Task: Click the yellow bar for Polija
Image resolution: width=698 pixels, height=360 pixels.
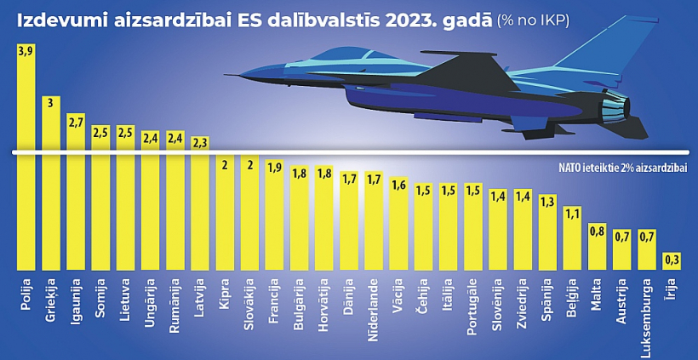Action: [26, 162]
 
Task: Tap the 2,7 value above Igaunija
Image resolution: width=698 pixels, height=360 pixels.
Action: [76, 122]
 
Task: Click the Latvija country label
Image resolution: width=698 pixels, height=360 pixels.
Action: [199, 298]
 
